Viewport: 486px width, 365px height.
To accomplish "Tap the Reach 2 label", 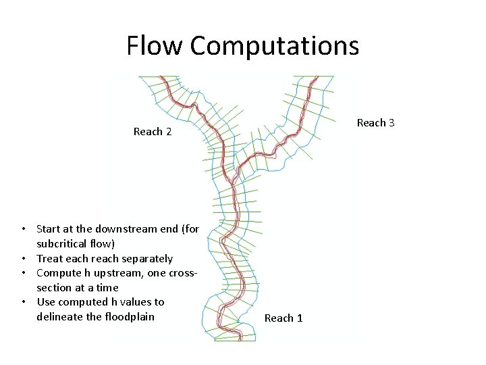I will (153, 132).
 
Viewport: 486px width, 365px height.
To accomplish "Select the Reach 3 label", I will (375, 122).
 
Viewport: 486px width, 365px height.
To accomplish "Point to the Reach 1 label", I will (283, 318).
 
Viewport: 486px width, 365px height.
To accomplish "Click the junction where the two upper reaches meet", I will (232, 178).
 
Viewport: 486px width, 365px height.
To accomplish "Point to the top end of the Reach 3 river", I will (315, 77).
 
